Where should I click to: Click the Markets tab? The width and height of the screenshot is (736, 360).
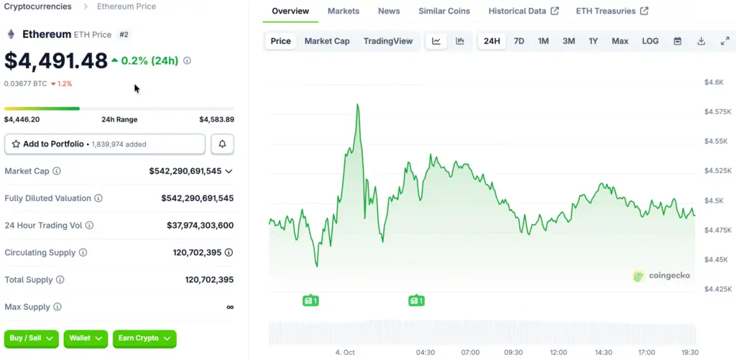click(x=344, y=11)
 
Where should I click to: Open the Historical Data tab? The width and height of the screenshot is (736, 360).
click(x=517, y=11)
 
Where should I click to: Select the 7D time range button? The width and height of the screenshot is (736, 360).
click(x=518, y=41)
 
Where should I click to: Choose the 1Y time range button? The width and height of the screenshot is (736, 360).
click(x=593, y=41)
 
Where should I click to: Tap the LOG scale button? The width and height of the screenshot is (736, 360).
click(x=650, y=41)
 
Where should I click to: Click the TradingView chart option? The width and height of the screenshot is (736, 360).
click(x=388, y=41)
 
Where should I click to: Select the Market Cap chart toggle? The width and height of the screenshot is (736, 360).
click(x=327, y=41)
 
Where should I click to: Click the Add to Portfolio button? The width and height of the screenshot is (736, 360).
click(x=105, y=144)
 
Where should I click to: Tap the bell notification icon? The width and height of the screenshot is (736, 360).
click(x=222, y=144)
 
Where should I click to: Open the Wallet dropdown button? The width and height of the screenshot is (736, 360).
click(x=86, y=338)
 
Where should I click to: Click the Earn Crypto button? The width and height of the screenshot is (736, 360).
click(x=144, y=338)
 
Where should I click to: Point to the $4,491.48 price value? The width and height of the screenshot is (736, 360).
click(x=56, y=61)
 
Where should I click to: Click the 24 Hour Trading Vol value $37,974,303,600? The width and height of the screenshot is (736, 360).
click(x=192, y=226)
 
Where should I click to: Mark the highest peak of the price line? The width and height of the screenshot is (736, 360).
click(x=357, y=105)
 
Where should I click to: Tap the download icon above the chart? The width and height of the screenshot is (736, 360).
click(x=701, y=41)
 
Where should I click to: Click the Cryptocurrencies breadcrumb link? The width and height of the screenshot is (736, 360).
click(x=38, y=6)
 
